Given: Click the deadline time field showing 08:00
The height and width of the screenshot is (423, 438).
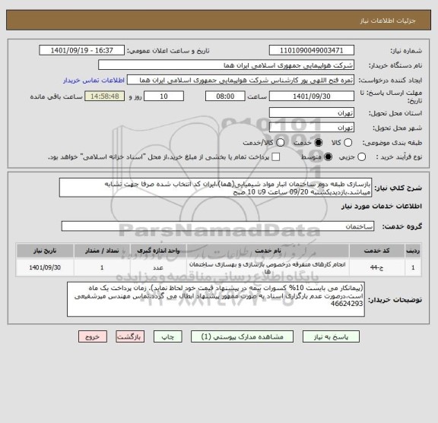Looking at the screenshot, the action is pos(225,96).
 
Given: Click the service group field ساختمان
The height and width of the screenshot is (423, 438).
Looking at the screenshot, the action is pos(221,227).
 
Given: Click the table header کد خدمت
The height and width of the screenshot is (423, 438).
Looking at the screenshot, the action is pos(387,249).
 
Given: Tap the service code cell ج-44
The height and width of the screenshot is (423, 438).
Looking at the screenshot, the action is pos(387,267).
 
